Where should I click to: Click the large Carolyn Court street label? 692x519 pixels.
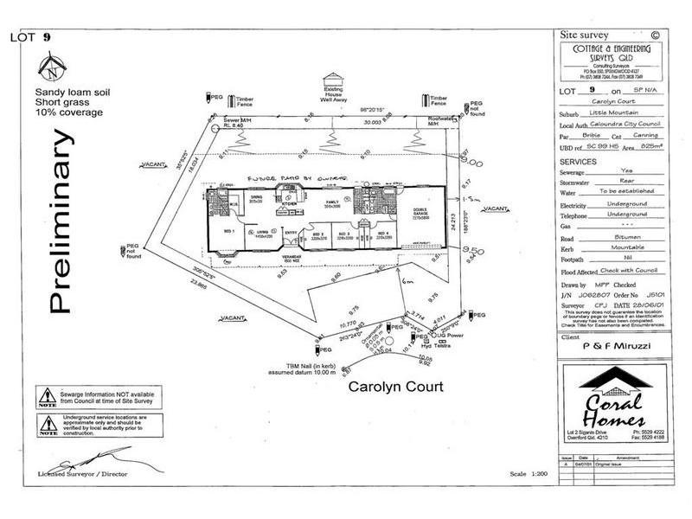pos(395,387)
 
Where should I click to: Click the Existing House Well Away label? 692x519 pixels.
pos(334,94)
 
